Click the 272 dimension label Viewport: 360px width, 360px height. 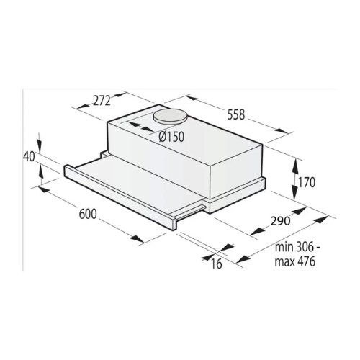(102, 101)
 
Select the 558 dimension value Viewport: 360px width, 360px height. (236, 114)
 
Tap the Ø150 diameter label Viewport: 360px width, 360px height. (171, 137)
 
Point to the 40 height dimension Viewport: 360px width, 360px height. (29, 157)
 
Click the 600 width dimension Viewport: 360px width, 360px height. (88, 214)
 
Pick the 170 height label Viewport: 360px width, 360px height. (306, 183)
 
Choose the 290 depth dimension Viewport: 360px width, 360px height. (280, 221)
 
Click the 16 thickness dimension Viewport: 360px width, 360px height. (217, 264)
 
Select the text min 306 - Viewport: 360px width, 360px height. (297, 247)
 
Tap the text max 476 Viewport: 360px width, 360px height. (294, 261)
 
